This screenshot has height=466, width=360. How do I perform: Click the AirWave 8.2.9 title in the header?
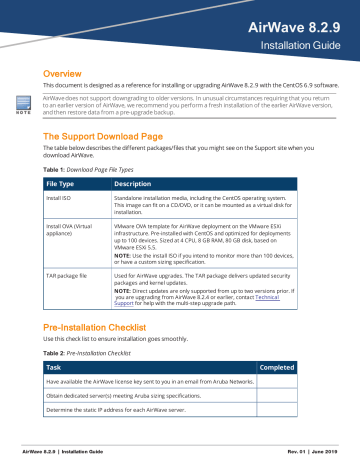[301, 26]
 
